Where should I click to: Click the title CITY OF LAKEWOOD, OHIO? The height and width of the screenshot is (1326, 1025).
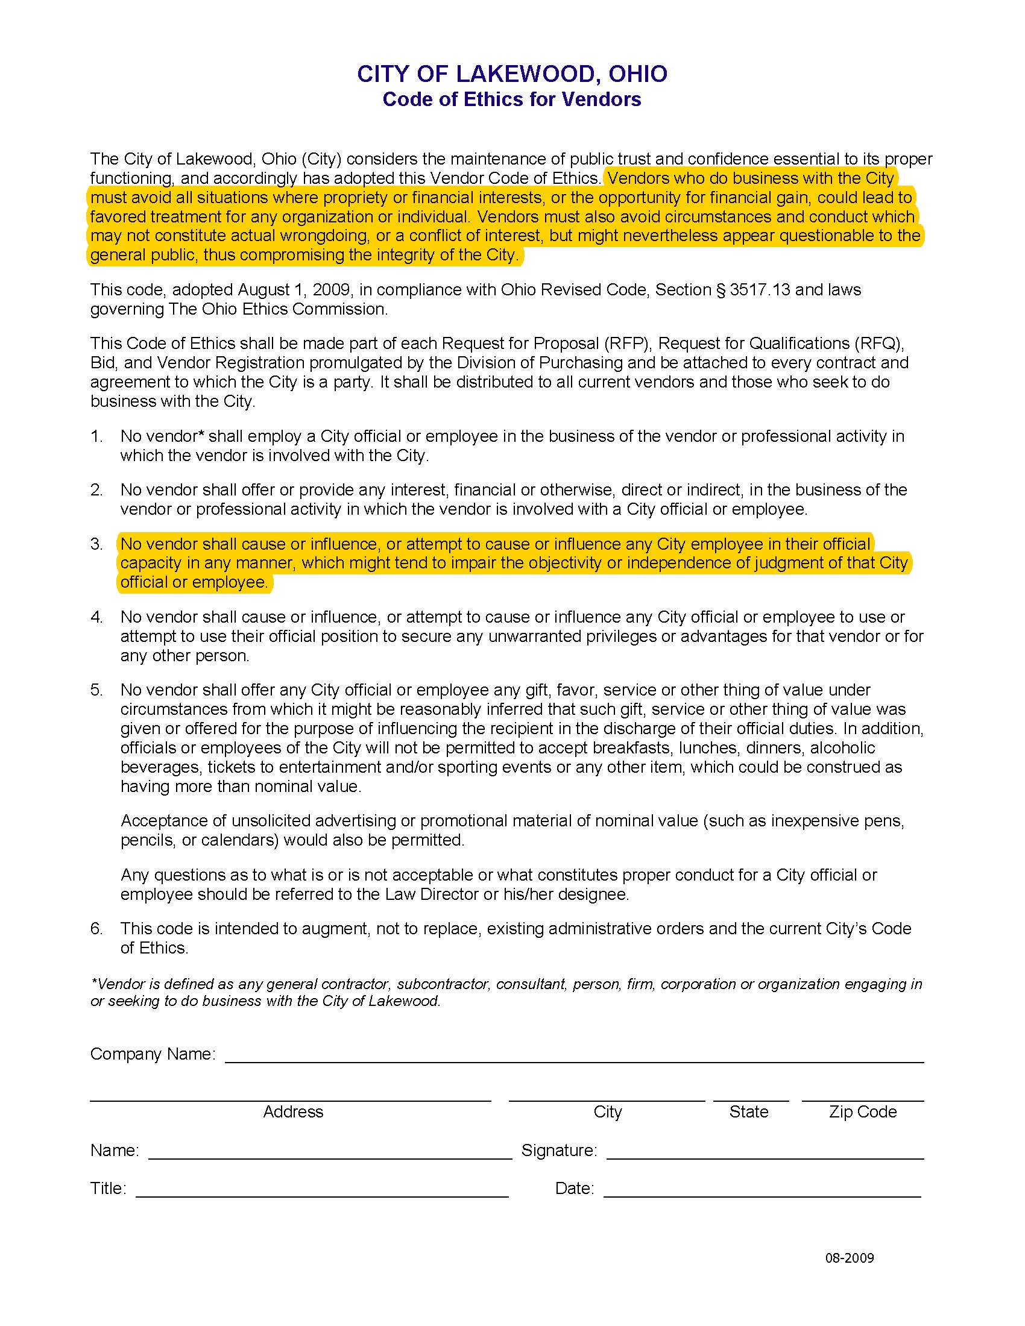(x=512, y=74)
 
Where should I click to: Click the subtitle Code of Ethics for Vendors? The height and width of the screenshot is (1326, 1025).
(x=512, y=99)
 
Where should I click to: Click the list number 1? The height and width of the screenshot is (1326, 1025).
(x=96, y=436)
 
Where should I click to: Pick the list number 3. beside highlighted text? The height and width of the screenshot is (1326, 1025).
(x=96, y=544)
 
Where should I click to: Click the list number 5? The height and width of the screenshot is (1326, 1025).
(x=96, y=690)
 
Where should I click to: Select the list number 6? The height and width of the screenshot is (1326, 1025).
(x=96, y=929)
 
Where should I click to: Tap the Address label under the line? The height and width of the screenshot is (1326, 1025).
(x=292, y=1111)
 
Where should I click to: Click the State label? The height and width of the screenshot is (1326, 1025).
(x=749, y=1111)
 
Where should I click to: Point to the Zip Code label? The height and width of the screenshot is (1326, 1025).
(x=862, y=1111)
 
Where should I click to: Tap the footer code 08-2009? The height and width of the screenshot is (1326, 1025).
(x=849, y=1258)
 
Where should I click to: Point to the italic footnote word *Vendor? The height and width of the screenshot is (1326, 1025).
(x=115, y=984)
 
